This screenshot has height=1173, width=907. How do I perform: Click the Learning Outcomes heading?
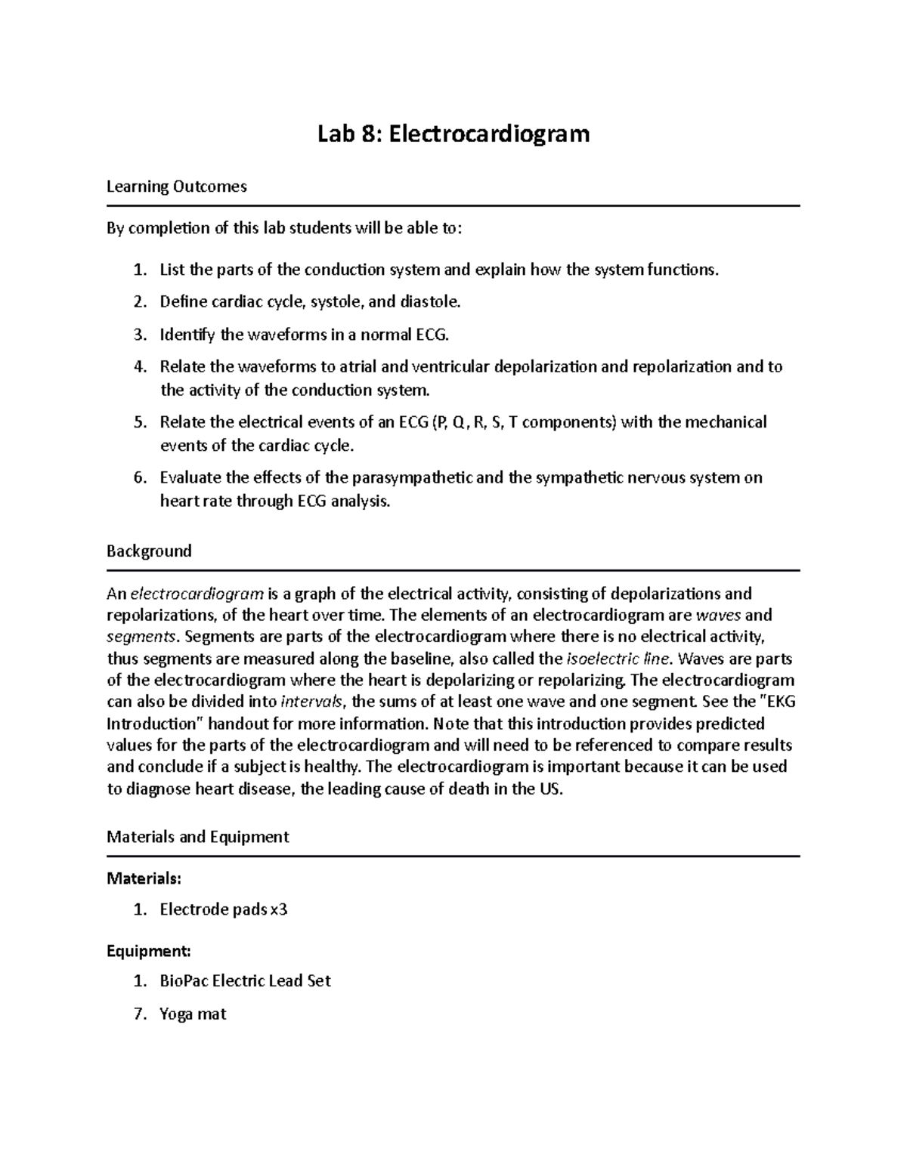click(177, 187)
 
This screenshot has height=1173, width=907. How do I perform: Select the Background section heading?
click(149, 551)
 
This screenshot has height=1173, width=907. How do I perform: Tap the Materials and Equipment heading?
click(198, 837)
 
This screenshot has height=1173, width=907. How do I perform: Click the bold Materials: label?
click(144, 878)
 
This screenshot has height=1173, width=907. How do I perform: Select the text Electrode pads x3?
click(224, 909)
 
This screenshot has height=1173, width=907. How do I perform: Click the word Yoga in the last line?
click(176, 1014)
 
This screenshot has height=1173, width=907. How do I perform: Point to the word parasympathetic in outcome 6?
click(413, 477)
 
